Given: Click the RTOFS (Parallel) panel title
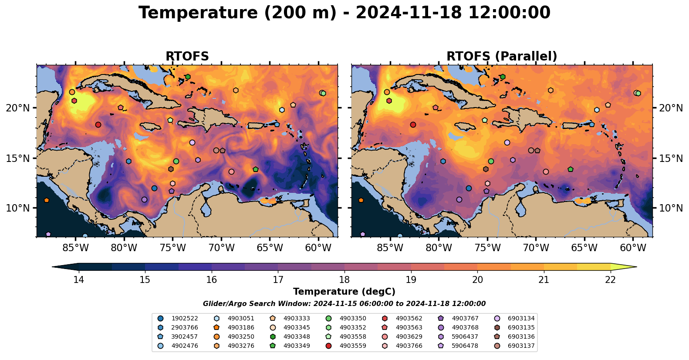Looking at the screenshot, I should (x=502, y=57).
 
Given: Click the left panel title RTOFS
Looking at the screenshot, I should (x=187, y=57).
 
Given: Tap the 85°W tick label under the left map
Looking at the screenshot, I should (x=76, y=248).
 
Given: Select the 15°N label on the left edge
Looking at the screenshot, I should (x=18, y=158).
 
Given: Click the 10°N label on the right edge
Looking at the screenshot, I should (x=671, y=208).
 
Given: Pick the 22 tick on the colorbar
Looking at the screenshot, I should (x=610, y=279).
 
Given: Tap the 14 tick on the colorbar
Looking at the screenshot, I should (x=78, y=279).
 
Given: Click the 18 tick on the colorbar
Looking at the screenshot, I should (x=344, y=279).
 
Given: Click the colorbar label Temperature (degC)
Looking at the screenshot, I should (x=344, y=292).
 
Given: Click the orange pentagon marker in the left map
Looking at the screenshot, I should (x=47, y=200).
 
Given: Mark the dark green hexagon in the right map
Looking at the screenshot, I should (x=503, y=77).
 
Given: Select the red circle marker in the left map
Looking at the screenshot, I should (x=98, y=125).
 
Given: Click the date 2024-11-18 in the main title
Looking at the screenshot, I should (x=409, y=13).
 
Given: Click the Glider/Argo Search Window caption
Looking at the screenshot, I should (x=344, y=304).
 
